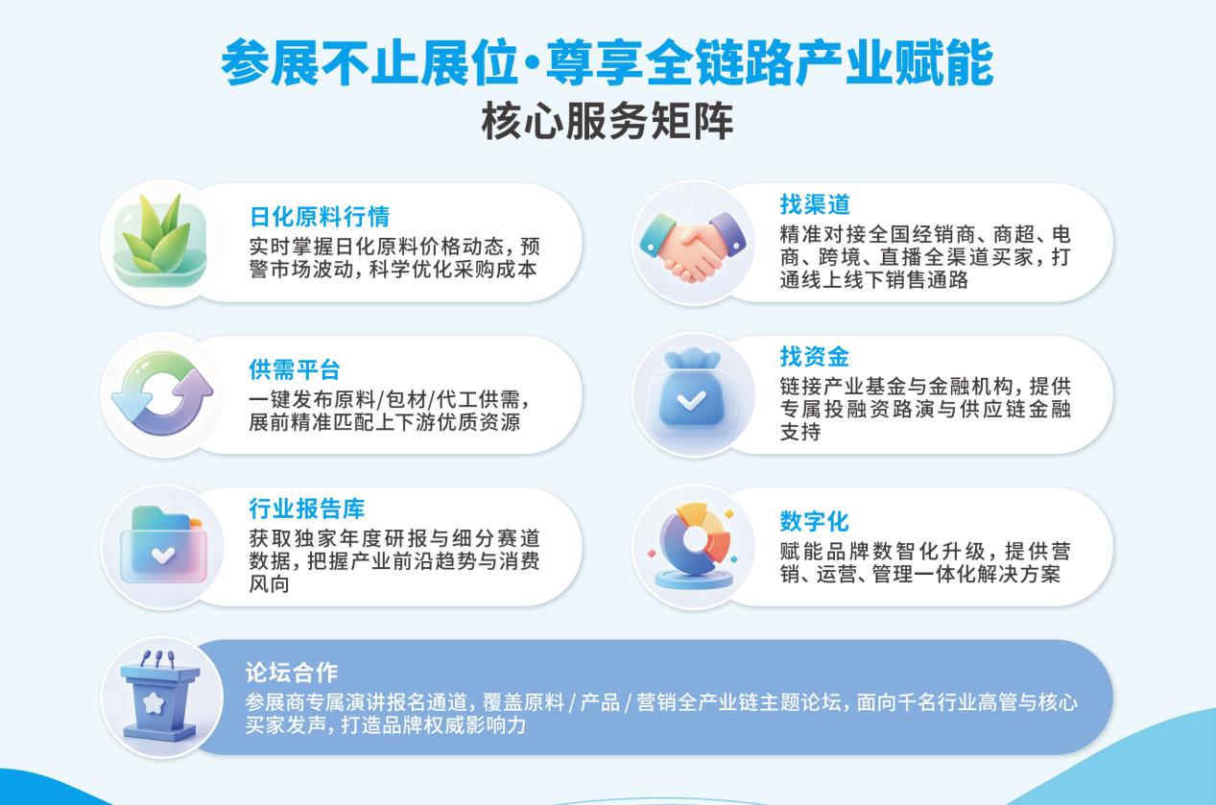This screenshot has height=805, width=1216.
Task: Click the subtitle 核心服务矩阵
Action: pos(608,121)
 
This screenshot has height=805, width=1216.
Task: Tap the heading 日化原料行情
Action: pos(320,217)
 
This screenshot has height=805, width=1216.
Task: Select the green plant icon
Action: pos(160,241)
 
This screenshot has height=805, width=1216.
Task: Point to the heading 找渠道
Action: pos(815,204)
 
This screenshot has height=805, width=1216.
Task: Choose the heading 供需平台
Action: pos(295,369)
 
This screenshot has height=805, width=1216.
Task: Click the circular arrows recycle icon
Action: pos(162,393)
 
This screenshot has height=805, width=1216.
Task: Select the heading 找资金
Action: pos(814,357)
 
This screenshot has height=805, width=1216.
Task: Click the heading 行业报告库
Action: pos(307,509)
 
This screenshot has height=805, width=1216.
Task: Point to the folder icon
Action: pos(163,544)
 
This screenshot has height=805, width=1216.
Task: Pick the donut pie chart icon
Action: pos(693,545)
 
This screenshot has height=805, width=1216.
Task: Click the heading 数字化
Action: pos(814,522)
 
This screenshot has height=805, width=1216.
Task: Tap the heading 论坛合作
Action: pos(292,673)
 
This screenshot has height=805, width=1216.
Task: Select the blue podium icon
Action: pos(160,697)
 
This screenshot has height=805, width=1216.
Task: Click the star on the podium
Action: pos(154,703)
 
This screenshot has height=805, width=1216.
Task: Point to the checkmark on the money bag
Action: pos(692,401)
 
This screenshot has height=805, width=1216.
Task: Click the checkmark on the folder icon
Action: pos(163,555)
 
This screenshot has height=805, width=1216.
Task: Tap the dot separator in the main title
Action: pos(532,65)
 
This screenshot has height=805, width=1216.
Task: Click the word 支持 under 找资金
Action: pos(800,432)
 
